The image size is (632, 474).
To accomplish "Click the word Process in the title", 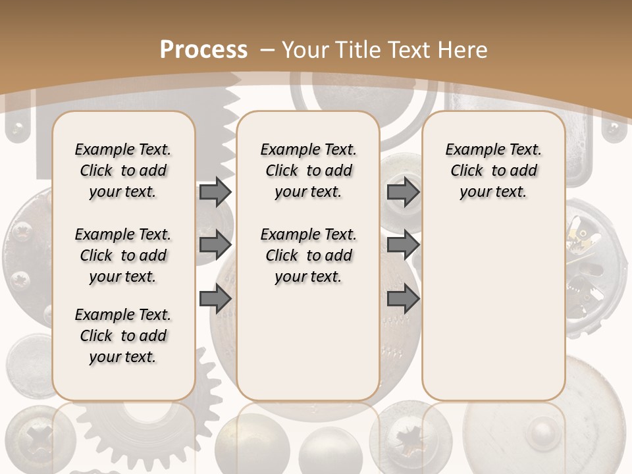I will click(204, 49).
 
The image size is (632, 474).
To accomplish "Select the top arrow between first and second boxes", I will click(215, 192).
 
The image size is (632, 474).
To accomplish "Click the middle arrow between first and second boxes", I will click(215, 245).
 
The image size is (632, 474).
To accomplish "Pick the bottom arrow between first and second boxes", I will click(215, 299).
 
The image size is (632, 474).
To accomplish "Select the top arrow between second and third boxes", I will click(403, 192).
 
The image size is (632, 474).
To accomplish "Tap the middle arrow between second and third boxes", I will click(403, 245).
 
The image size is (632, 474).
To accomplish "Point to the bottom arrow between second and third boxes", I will click(403, 299).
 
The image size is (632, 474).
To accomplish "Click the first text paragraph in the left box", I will click(123, 171).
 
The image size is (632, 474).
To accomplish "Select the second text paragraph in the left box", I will click(123, 255).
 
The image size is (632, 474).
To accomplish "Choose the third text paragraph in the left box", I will click(123, 336).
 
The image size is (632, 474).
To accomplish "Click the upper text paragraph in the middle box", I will click(308, 171).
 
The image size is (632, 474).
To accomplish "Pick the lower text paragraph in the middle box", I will click(308, 255).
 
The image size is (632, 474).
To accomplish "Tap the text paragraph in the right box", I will click(493, 171).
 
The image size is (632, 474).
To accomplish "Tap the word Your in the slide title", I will click(306, 49).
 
